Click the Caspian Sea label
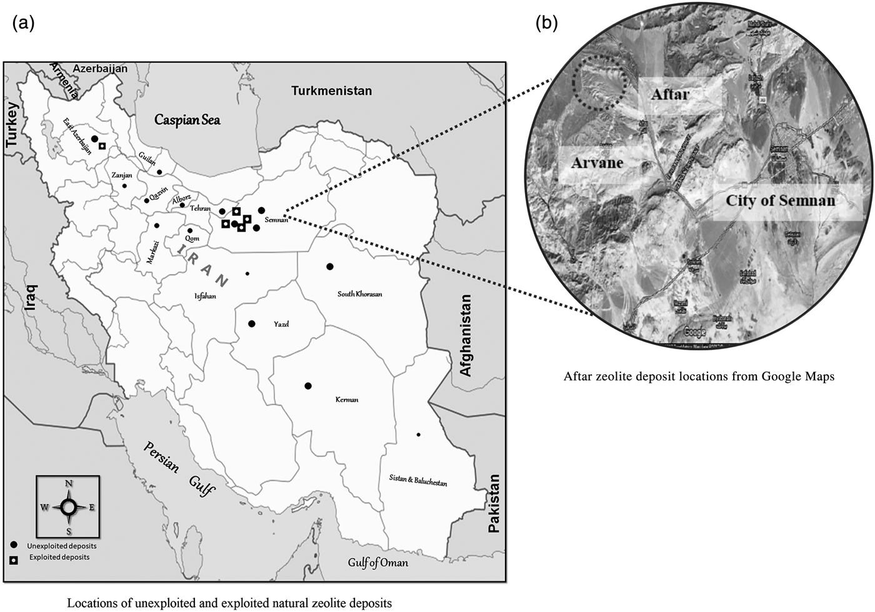click(x=187, y=120)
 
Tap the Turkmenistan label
click(x=331, y=91)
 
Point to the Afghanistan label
click(x=466, y=335)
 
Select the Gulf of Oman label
click(x=378, y=563)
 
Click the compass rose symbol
click(x=69, y=507)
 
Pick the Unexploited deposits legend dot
click(x=14, y=546)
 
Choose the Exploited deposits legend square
click(x=14, y=558)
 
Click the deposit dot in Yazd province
click(x=252, y=324)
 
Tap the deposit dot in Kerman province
click(x=307, y=385)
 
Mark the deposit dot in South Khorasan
click(x=330, y=267)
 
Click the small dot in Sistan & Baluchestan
click(x=419, y=434)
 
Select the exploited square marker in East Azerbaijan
click(x=102, y=146)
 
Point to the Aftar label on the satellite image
click(x=669, y=94)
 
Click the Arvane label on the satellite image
click(x=597, y=163)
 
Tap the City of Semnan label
click(x=780, y=201)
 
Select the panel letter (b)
click(x=547, y=23)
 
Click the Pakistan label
click(x=494, y=503)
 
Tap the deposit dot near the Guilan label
click(x=159, y=172)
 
